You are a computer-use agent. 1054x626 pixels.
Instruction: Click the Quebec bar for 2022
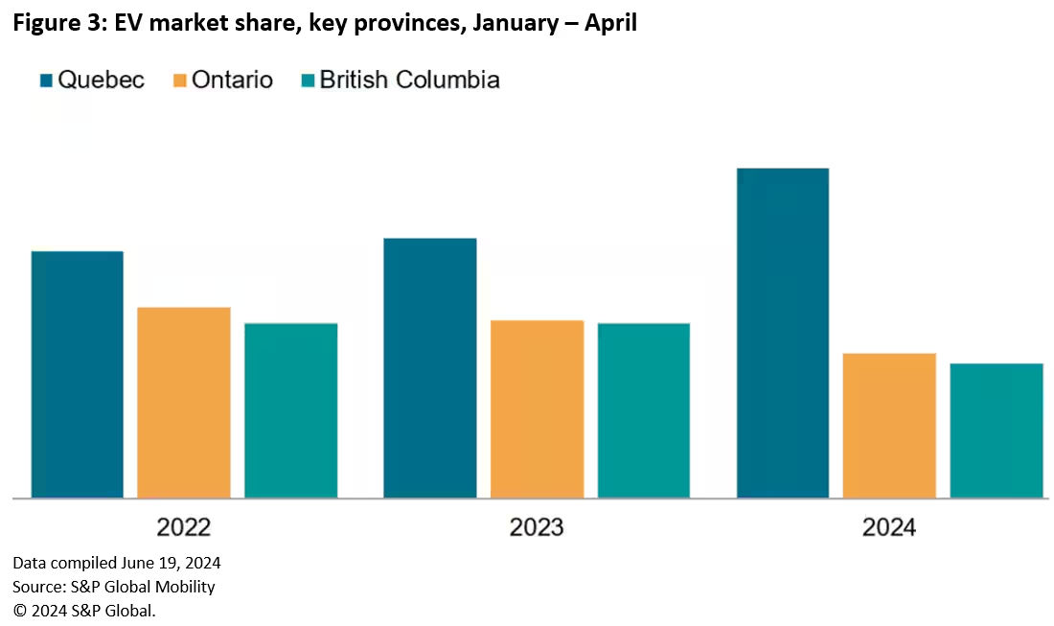[x=77, y=374]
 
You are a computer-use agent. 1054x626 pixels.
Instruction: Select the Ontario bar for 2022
[x=184, y=402]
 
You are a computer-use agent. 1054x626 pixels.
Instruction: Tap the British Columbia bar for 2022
[x=290, y=410]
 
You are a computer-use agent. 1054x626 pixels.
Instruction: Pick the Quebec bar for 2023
[x=429, y=367]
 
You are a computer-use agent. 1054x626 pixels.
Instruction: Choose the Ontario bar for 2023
[x=537, y=408]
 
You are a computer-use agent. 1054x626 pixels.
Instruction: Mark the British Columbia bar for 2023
[x=643, y=410]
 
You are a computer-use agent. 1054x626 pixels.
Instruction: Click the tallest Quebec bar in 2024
[x=782, y=333]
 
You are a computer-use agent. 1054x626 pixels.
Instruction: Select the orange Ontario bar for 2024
[x=889, y=425]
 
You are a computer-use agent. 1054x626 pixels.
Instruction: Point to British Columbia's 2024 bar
[x=997, y=430]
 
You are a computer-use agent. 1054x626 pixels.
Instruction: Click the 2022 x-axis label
[x=184, y=527]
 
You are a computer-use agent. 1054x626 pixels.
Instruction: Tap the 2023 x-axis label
[x=537, y=527]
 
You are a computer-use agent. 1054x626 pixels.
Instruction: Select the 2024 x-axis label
[x=889, y=527]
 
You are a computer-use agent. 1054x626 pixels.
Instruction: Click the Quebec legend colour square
[x=46, y=80]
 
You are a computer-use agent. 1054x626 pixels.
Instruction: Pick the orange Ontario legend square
[x=179, y=80]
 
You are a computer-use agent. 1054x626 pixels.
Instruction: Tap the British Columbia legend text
[x=409, y=80]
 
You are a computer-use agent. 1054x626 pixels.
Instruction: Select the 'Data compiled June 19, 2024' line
[x=117, y=563]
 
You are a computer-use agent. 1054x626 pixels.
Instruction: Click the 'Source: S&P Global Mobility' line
[x=114, y=586]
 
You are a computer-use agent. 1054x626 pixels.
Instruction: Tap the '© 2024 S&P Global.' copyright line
[x=84, y=610]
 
